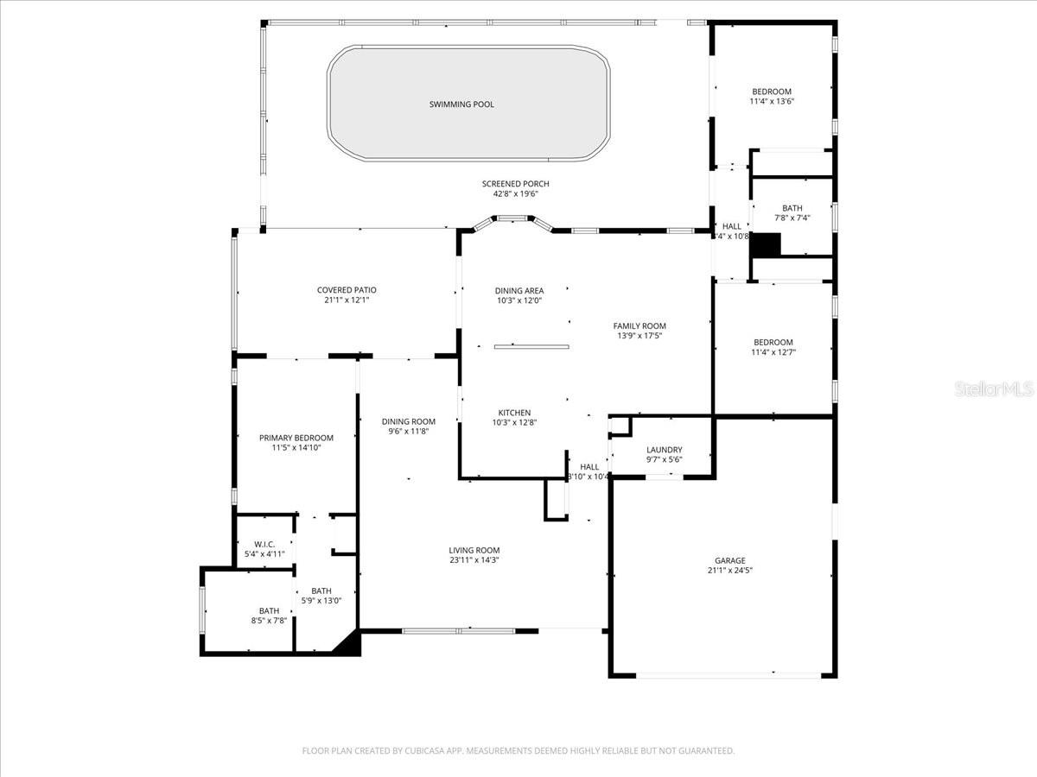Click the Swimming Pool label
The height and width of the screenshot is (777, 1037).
coord(461,104)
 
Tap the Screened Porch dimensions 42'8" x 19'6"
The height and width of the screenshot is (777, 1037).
coord(515,194)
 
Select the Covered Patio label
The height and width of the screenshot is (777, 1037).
coord(347,290)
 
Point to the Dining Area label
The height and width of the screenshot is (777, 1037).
coord(518,290)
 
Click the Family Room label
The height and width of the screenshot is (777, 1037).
coord(639,325)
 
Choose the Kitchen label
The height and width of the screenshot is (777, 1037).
coord(514,413)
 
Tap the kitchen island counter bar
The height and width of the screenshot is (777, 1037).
coord(531,346)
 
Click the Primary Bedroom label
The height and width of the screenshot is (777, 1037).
coord(296,438)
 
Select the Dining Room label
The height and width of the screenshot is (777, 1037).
coord(409,421)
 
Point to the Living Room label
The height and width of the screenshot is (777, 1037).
coord(474,550)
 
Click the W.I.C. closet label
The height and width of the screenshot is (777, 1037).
coord(264,544)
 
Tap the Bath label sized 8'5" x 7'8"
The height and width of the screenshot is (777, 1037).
coord(269,610)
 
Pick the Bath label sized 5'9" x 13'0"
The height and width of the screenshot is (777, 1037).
coord(321,591)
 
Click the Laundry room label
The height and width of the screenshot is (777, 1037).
coord(664,449)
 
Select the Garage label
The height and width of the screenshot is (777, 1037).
coord(729,560)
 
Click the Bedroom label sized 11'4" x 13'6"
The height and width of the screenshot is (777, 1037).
coord(771,92)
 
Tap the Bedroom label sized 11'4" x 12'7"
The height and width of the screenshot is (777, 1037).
coord(772,342)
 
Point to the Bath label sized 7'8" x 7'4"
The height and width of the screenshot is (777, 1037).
coord(792,208)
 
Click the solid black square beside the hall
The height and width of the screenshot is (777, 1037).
coord(765,244)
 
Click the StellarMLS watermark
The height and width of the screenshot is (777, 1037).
coord(993,390)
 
